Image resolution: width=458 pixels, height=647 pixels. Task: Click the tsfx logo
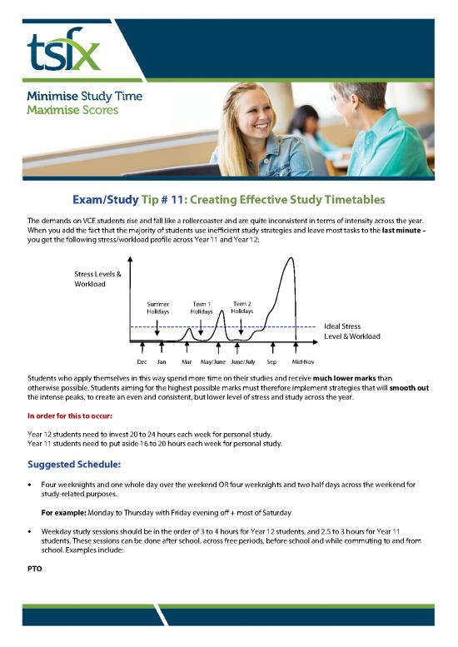(x=63, y=51)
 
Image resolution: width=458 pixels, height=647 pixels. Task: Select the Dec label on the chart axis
(x=142, y=362)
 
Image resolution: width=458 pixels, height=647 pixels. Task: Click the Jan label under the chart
(x=162, y=362)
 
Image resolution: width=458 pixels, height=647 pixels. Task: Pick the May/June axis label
(x=213, y=362)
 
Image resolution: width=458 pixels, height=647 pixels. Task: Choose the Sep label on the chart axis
(x=271, y=362)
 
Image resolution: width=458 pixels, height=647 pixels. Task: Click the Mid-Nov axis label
(x=302, y=362)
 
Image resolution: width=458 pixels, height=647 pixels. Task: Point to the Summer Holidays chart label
(x=157, y=307)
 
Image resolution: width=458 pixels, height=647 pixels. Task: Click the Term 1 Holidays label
(x=202, y=307)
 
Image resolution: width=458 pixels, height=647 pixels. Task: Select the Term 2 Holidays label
(x=242, y=307)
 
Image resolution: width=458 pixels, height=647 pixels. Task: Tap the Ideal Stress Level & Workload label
(x=351, y=331)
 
